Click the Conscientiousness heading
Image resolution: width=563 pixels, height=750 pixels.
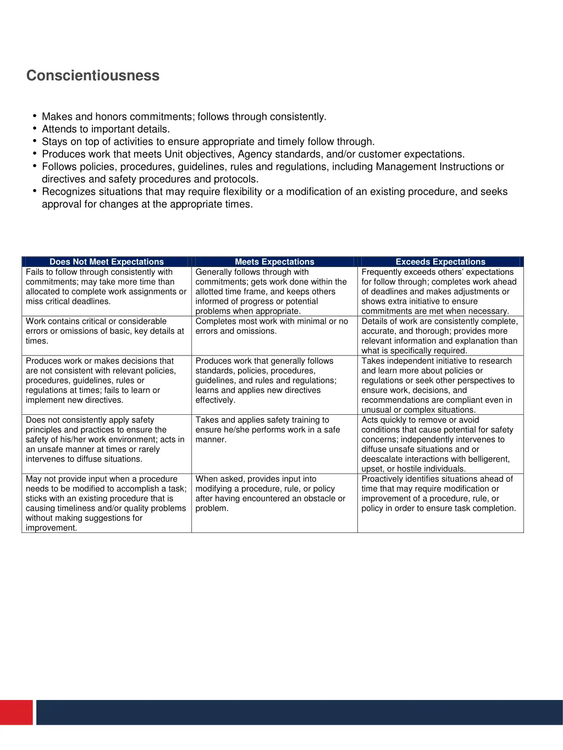93,76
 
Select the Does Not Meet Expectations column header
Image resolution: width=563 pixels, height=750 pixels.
107,262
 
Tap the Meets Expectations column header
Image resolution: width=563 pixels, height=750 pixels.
274,262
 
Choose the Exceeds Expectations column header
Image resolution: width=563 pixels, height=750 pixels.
440,262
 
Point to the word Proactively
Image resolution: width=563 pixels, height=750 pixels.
383,479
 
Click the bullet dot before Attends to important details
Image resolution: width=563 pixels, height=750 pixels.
35,129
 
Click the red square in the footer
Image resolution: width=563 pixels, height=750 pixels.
16,712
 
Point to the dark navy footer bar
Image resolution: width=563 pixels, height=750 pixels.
299,712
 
